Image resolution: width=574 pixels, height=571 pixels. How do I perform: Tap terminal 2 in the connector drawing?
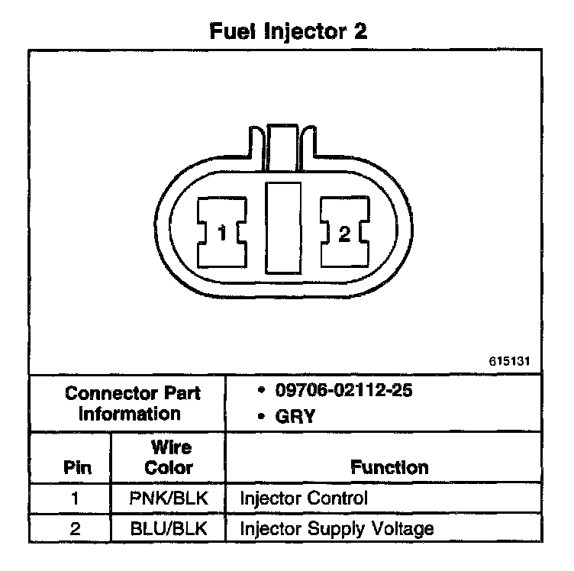pyautogui.click(x=343, y=232)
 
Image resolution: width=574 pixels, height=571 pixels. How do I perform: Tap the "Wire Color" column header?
pyautogui.click(x=169, y=456)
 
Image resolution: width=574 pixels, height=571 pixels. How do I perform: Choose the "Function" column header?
pyautogui.click(x=389, y=466)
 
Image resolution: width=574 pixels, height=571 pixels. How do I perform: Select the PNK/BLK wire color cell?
pyautogui.click(x=169, y=499)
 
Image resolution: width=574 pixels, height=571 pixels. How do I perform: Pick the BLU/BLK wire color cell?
pyautogui.click(x=169, y=528)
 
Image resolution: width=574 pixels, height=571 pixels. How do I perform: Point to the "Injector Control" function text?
pyautogui.click(x=304, y=499)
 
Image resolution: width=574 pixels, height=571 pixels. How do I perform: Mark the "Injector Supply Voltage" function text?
pyautogui.click(x=337, y=528)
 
